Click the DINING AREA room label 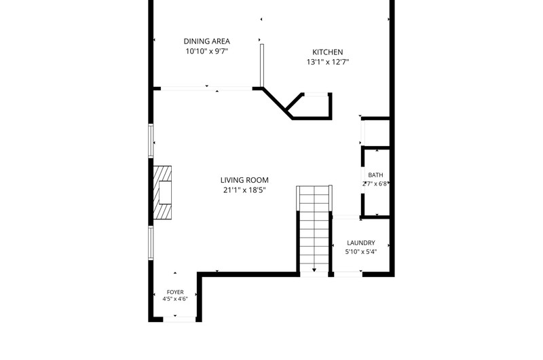tap(207, 41)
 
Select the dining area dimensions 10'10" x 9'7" tap(207, 51)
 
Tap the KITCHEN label tap(328, 52)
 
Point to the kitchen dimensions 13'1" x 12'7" tap(328, 62)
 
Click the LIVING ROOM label tap(244, 180)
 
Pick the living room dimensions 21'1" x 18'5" tap(244, 190)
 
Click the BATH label tap(376, 175)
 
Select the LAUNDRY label tap(361, 243)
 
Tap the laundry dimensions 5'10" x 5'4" tap(361, 252)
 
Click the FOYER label tap(175, 292)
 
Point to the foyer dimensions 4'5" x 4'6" tap(175, 299)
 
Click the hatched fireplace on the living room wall tap(162, 192)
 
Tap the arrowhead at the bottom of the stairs tap(314, 270)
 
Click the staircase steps tap(314, 230)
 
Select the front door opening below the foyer tap(179, 319)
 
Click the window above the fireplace tap(151, 141)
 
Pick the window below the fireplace tap(151, 243)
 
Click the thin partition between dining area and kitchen tap(262, 65)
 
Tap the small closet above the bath tap(375, 132)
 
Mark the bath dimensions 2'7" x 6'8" tap(375, 184)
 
